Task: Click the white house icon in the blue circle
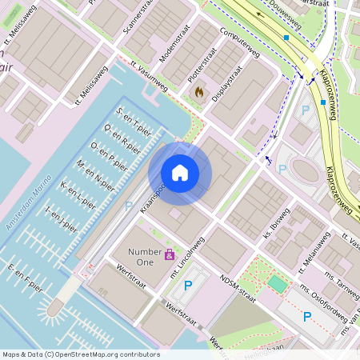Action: pos(180,172)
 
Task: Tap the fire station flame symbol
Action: pos(198,93)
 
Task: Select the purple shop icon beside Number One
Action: pos(170,255)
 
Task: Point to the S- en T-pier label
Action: pos(134,119)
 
